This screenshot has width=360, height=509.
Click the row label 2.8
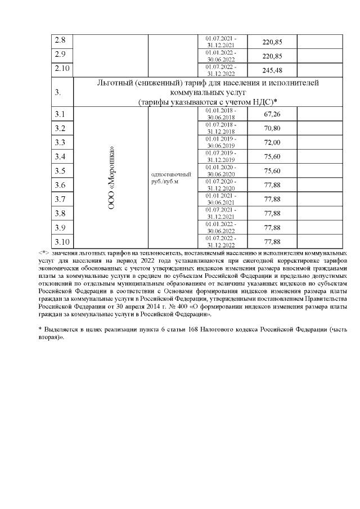60,41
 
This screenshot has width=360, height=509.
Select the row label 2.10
62,69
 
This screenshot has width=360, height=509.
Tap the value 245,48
272,69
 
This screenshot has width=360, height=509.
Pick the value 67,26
272,114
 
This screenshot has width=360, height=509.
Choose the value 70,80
272,128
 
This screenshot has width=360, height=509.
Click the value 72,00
272,142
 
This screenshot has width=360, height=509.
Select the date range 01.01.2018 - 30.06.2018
221,114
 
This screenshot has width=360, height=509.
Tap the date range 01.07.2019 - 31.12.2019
221,156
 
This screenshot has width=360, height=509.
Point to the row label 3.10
62,242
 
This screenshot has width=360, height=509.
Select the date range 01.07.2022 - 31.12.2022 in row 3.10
221,242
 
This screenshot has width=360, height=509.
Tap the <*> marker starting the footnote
43,253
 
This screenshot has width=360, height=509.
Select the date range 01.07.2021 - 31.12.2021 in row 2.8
221,41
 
